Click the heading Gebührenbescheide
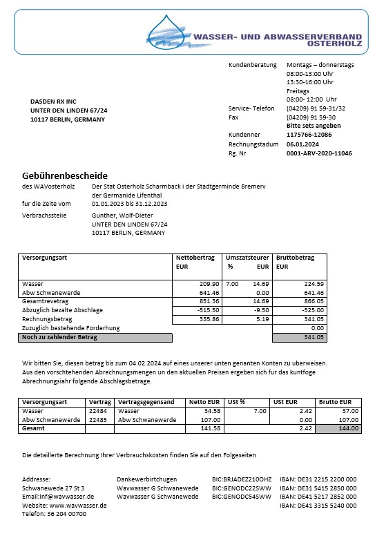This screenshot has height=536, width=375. coord(65,175)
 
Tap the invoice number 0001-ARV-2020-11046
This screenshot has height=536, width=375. coord(318,153)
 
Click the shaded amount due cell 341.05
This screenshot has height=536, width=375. coord(300,337)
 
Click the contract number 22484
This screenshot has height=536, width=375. coord(98,410)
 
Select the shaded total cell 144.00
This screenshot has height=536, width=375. coord(338,428)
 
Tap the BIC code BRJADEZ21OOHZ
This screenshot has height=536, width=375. coord(242,479)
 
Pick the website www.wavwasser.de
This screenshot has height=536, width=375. coord(77,505)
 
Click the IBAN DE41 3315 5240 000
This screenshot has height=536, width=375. coord(318,505)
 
